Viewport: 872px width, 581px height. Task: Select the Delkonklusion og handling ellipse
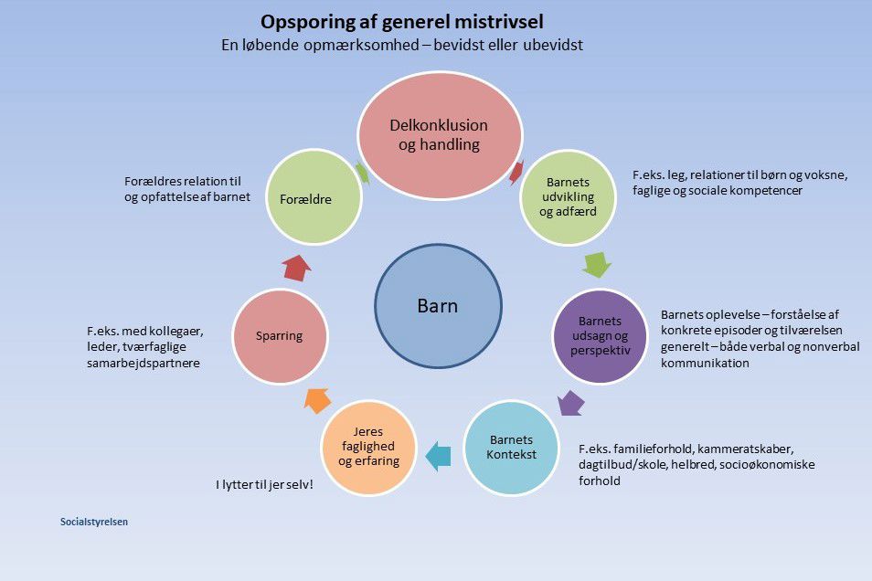coord(439,134)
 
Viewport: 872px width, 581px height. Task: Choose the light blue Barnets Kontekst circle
coord(511,447)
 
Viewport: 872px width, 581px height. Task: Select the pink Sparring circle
coord(280,335)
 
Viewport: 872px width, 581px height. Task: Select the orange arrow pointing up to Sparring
coord(317,399)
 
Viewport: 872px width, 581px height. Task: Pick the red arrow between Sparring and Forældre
coord(296,267)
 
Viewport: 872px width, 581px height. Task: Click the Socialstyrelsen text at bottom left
coord(94,523)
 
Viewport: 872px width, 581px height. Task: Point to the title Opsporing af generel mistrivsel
coord(407,21)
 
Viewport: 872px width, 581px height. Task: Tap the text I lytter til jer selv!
coord(264,484)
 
